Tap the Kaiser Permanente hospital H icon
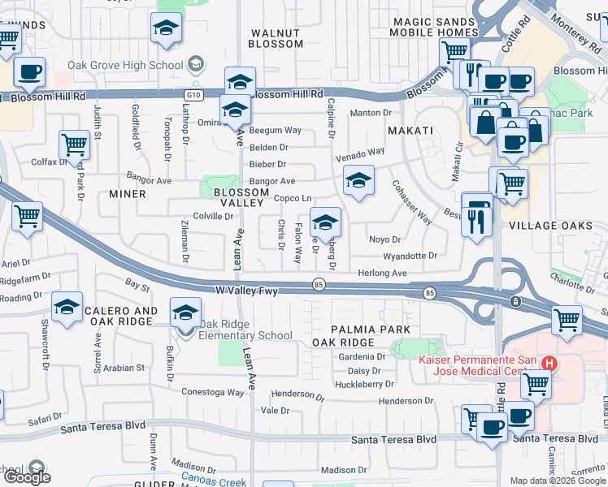coord(549,364)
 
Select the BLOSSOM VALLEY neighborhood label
coord(241,198)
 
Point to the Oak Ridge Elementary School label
coord(245,330)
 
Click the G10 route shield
coord(193,95)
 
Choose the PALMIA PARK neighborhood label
coord(371,330)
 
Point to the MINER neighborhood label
coord(128,194)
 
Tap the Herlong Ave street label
coord(382,274)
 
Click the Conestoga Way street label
coord(213,392)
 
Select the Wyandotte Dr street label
coord(410,256)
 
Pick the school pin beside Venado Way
coord(358,181)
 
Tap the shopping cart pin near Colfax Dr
coord(74,145)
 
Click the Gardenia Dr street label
coord(362,357)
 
